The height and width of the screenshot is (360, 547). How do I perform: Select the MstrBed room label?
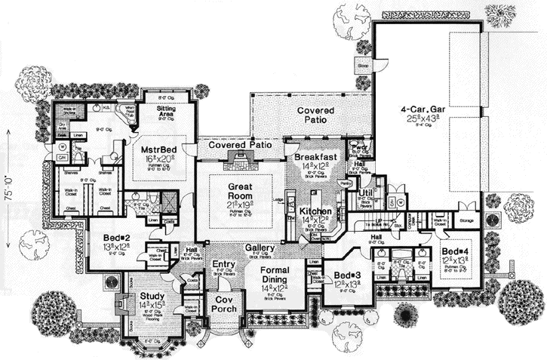point(158,149)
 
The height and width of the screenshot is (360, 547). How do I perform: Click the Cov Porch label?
point(223,304)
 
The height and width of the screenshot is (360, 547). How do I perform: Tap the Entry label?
point(224,263)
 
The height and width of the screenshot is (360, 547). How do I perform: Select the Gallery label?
point(259,248)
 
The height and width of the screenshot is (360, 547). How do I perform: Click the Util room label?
point(355,194)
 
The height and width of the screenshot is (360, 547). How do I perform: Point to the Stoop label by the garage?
point(363,66)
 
